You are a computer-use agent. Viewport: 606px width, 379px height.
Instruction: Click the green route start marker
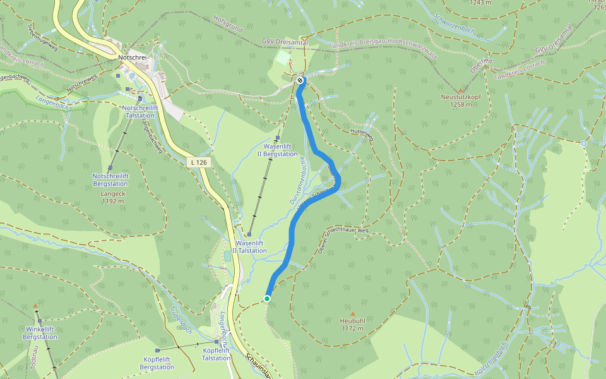(267, 299)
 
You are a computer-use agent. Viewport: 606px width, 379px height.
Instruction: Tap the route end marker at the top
(300, 80)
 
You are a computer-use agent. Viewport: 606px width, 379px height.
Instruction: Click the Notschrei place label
(133, 57)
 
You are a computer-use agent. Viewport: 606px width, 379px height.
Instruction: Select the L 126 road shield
(198, 162)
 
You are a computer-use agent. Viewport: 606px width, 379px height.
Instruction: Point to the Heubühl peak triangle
(353, 314)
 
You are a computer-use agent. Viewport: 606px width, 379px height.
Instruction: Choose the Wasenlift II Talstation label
(251, 246)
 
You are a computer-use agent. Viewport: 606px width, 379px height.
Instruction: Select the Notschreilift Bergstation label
(111, 179)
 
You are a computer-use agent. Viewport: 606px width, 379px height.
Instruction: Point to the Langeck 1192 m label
(112, 198)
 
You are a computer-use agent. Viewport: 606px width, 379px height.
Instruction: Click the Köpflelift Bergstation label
(157, 363)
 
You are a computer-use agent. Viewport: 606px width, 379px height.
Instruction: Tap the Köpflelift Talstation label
(216, 354)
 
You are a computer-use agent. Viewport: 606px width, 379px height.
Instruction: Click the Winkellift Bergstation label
(40, 333)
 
